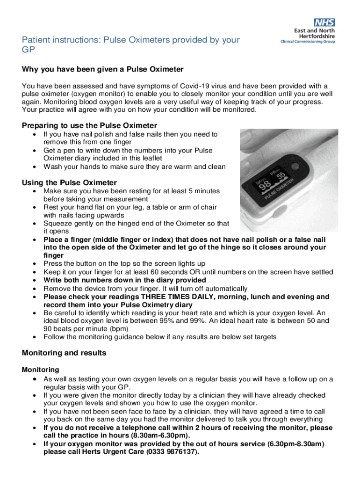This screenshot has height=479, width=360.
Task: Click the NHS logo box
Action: [x=324, y=22]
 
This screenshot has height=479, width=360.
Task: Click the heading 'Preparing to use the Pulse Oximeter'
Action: [x=89, y=125]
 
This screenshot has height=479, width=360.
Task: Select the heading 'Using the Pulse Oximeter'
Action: [x=69, y=182]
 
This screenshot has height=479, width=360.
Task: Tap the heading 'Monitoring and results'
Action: [x=64, y=353]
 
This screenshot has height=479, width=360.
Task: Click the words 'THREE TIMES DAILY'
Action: [x=174, y=297]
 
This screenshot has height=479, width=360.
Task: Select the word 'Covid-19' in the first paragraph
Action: [x=202, y=86]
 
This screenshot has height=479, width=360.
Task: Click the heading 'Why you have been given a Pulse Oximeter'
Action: [x=102, y=69]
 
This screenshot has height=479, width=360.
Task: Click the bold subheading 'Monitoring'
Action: [x=40, y=370]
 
